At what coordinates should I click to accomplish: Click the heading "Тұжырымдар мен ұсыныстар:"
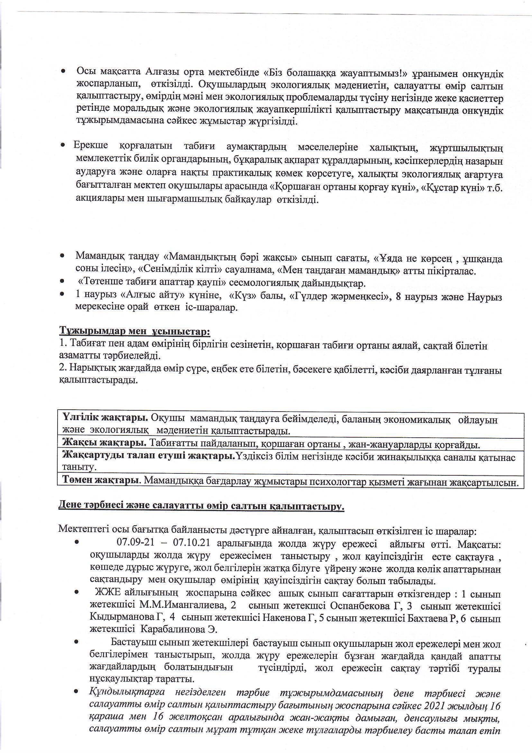point(134,331)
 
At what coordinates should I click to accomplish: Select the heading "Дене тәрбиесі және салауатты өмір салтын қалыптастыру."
point(201,506)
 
